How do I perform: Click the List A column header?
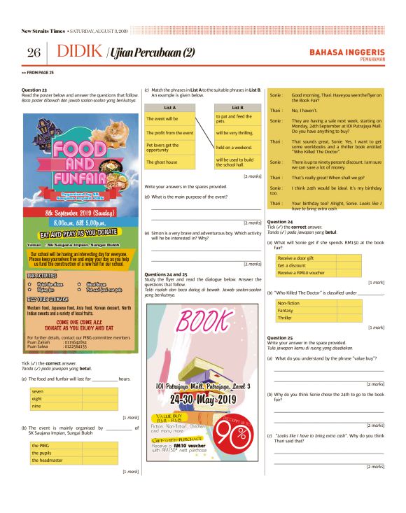(x=169, y=108)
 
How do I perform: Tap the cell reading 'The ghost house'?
(x=162, y=162)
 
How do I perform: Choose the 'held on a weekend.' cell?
(x=230, y=147)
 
